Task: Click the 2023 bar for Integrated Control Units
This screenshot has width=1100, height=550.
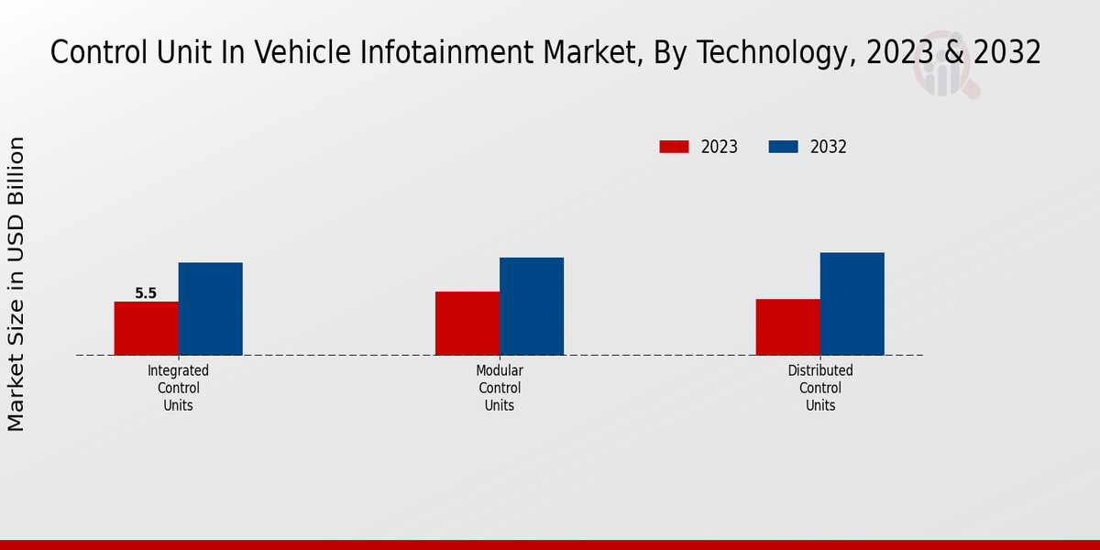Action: (x=146, y=328)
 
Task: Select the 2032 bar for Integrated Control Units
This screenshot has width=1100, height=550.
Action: (x=210, y=309)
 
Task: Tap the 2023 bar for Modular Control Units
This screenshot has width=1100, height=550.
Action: (x=467, y=323)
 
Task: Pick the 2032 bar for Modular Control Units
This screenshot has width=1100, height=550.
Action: (x=532, y=306)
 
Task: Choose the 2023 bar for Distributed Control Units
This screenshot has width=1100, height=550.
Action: (x=788, y=326)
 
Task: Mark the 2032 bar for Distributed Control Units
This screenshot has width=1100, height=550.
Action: (x=852, y=303)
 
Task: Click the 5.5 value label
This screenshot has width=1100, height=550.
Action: (x=146, y=293)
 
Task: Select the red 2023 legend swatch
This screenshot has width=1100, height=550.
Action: (x=674, y=147)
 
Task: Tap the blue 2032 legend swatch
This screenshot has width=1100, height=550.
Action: (x=783, y=147)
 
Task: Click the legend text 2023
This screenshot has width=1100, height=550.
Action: (x=720, y=147)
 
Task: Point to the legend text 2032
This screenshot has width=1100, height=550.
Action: (x=829, y=147)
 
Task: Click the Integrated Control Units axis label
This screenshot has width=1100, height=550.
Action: (x=179, y=388)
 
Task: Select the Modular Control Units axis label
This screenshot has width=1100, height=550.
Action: (x=500, y=388)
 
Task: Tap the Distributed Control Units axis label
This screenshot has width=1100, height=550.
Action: (x=820, y=388)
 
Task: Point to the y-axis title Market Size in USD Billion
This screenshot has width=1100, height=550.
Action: (x=16, y=284)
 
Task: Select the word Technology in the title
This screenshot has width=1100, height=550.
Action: (x=785, y=53)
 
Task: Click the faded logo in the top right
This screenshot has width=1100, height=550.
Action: (x=945, y=72)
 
